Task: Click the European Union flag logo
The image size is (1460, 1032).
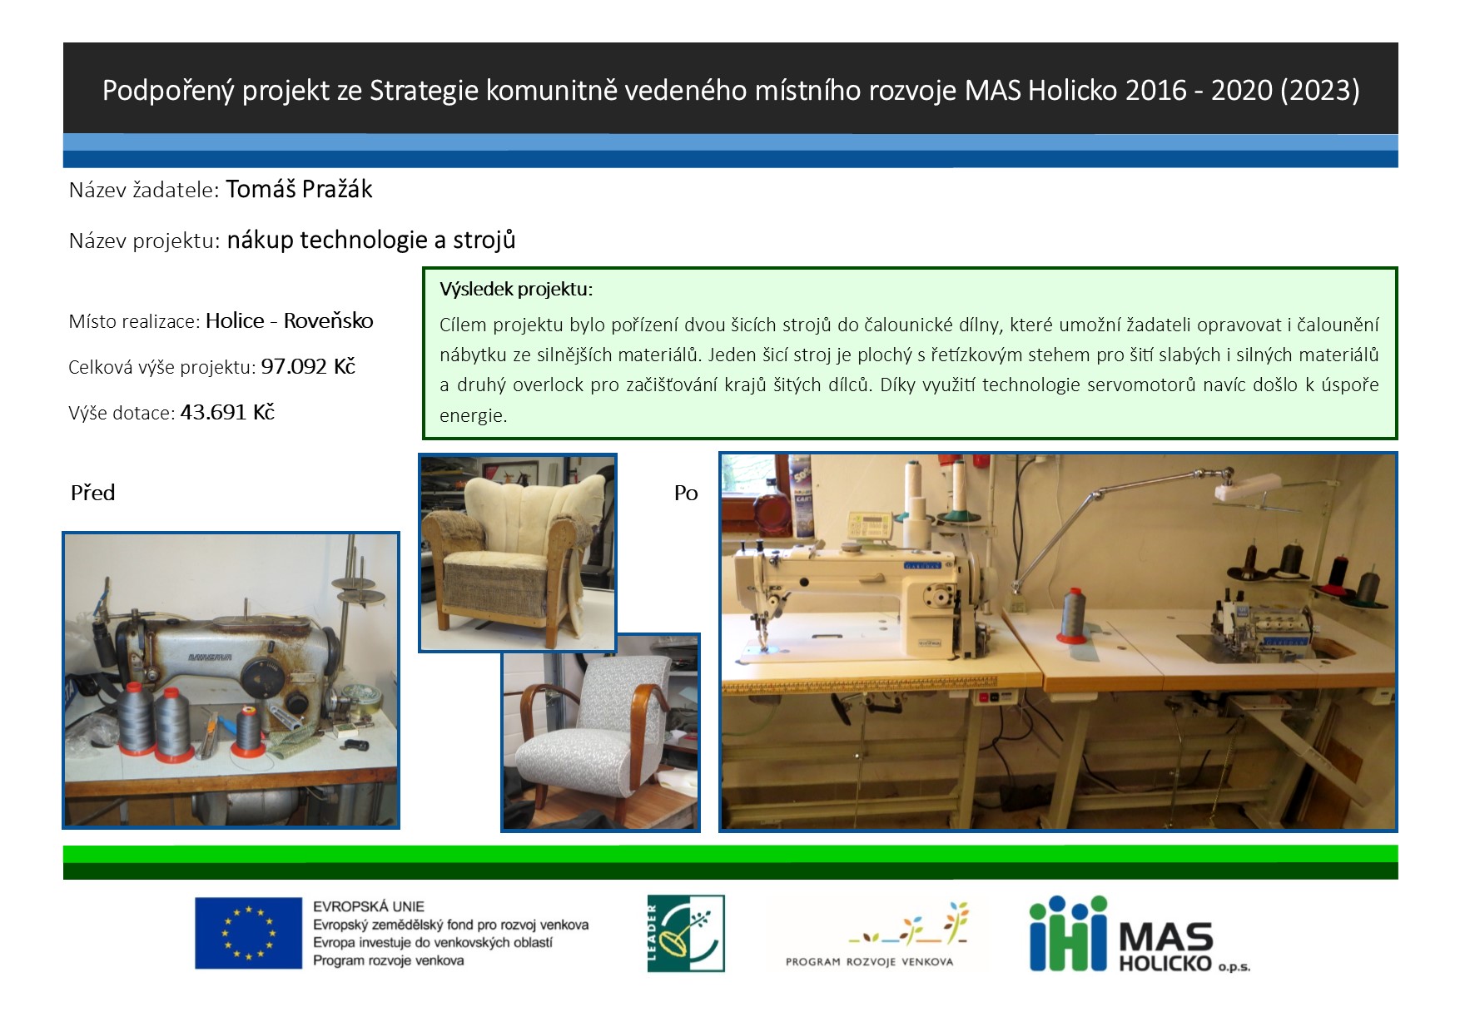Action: pos(248,933)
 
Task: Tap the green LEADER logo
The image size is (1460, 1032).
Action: pos(686,933)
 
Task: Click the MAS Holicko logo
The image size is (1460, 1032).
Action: pos(1140,934)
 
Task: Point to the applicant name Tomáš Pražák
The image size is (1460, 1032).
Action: pos(299,190)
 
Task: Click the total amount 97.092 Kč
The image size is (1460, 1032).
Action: pos(308,366)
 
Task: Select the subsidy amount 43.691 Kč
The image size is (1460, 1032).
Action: pos(227,412)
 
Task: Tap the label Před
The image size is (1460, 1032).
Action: pos(92,493)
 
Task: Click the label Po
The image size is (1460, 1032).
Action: pos(686,493)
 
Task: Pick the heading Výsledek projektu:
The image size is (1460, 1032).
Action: pos(516,290)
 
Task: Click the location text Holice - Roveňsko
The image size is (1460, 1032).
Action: pos(290,320)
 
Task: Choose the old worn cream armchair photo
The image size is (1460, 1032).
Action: pos(517,553)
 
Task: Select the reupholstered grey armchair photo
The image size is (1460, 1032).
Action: pos(600,732)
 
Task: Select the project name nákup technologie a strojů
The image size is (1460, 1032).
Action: pos(371,241)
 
